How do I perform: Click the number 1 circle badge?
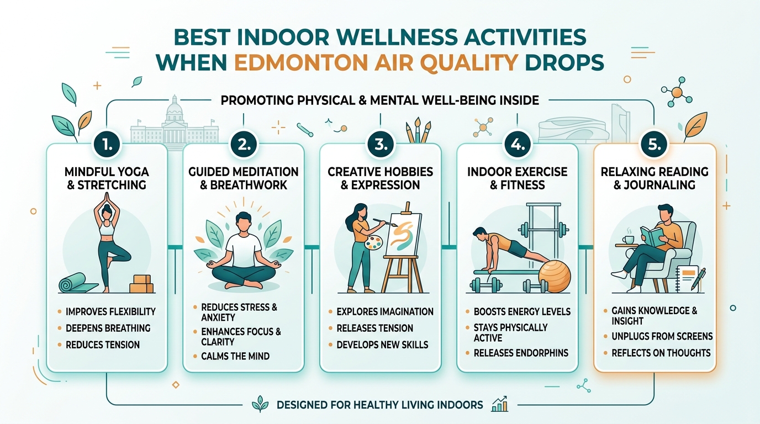point(107,144)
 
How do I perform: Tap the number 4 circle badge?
point(518,144)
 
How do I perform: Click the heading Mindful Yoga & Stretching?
point(107,178)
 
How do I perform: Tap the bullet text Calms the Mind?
point(235,356)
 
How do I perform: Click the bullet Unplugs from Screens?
point(662,336)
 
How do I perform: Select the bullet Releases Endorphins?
point(521,353)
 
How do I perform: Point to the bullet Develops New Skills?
point(382,344)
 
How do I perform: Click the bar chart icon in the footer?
point(499,404)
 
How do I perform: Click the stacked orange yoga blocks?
point(141,283)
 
